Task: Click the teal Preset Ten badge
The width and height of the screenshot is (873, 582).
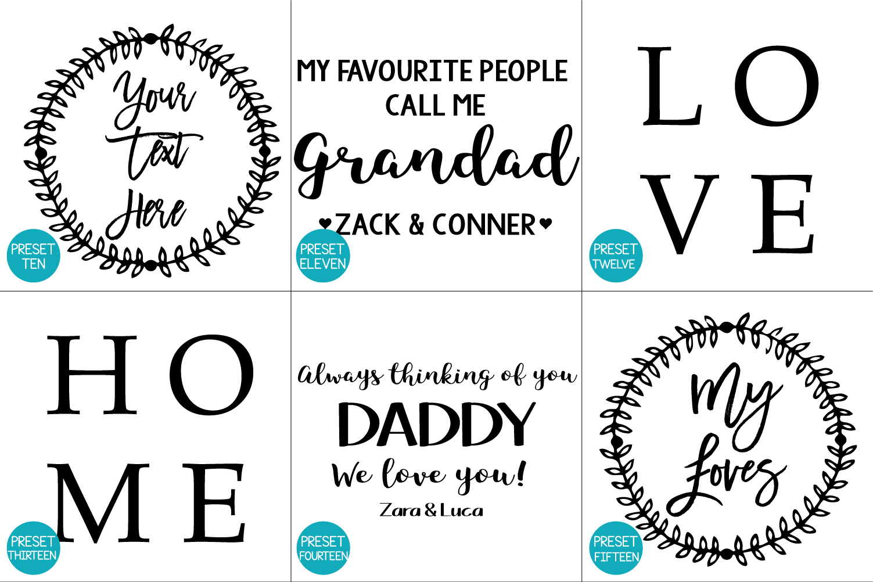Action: [34, 256]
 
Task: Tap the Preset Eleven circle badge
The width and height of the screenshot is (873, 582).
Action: [323, 256]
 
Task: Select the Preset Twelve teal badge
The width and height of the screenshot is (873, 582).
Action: [616, 256]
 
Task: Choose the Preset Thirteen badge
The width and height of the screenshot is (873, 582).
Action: [34, 548]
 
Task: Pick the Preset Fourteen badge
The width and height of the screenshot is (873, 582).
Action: [323, 548]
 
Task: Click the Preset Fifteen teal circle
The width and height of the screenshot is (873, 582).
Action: [616, 548]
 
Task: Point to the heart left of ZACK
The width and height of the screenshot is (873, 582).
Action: [325, 224]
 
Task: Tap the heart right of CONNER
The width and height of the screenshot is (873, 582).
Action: [545, 224]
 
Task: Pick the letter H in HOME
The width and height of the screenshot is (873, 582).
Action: [92, 374]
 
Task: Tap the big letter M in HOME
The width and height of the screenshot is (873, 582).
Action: [103, 502]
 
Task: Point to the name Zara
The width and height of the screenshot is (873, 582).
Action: [400, 511]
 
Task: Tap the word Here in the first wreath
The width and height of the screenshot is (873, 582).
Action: [146, 214]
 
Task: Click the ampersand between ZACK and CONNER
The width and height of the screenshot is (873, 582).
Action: [416, 225]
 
